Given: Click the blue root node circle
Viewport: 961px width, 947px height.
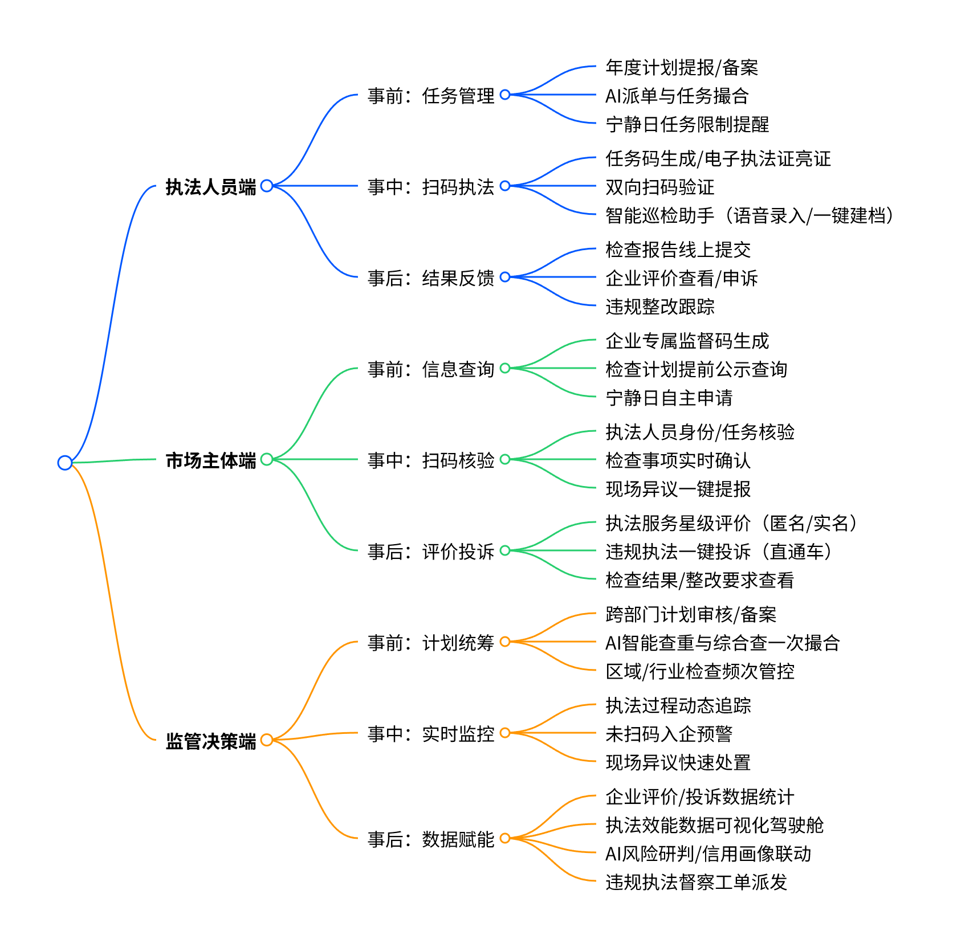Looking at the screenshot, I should pos(65,463).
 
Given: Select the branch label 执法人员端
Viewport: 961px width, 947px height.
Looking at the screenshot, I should pos(211,186).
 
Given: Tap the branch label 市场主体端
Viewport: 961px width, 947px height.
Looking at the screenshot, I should pos(211,460).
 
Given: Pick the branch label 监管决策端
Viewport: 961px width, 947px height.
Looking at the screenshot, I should pos(211,741).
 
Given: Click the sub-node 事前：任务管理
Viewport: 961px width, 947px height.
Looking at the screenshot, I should pos(430,96).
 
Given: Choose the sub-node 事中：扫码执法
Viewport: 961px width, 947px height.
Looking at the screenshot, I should pos(430,187).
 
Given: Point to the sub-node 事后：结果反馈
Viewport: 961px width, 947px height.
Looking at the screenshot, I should pos(430,278).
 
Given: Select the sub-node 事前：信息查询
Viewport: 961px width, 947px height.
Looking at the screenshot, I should pos(430,369).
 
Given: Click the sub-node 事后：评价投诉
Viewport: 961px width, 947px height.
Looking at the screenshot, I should pos(430,552).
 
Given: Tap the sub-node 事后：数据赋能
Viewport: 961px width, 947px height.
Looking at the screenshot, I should pos(430,839).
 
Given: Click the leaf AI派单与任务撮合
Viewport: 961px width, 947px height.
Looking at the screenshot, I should pos(677,96).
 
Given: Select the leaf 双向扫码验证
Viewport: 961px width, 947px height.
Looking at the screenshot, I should pos(659,187).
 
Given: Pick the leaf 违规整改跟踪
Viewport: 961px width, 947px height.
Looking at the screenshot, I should pos(659,307).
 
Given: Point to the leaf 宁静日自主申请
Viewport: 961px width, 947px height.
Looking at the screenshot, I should pos(669,398).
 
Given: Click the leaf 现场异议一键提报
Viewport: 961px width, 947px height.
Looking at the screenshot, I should pos(678,489).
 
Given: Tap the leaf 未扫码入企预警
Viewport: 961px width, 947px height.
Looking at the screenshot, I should pos(669,734).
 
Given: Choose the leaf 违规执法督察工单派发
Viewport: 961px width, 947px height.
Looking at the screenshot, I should pos(696,882).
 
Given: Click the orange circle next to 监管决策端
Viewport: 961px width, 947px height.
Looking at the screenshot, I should pos(267,740).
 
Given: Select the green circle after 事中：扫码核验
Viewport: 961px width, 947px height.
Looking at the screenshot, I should pos(505,459).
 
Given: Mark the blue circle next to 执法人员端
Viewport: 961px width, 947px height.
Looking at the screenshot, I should pos(267,186).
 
